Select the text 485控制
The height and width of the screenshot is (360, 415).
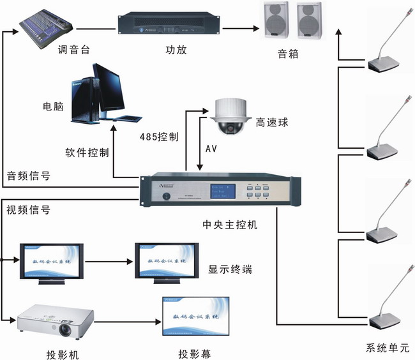point(158,137)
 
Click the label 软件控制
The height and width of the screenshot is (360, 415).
point(87,153)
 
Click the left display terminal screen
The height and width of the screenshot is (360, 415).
point(52,261)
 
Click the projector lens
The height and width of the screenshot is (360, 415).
point(66,330)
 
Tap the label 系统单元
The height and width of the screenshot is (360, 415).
point(388,348)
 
